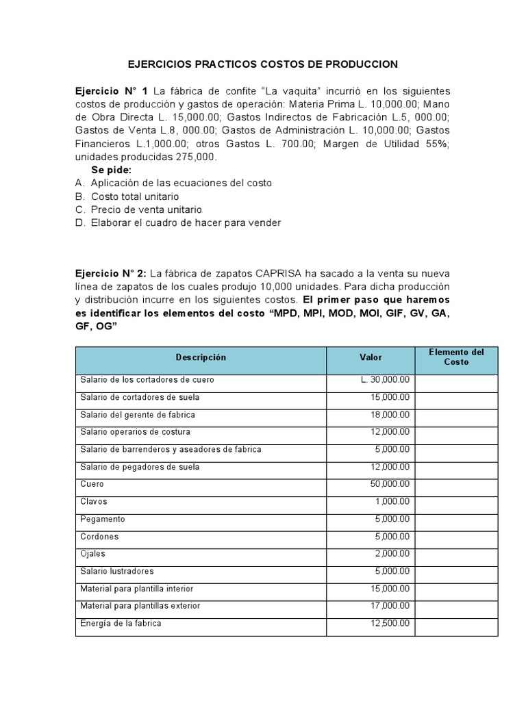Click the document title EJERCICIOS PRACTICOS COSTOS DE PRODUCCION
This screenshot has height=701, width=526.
[263, 64]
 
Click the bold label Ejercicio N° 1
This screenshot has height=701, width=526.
[112, 91]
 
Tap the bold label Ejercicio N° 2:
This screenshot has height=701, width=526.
[112, 274]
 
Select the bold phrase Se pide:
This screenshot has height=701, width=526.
[111, 170]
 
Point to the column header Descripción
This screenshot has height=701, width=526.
[201, 357]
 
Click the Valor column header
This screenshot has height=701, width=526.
[371, 357]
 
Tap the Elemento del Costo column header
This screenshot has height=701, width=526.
[455, 357]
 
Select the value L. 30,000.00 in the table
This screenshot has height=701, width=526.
[385, 379]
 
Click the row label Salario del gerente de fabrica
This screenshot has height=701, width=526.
[138, 415]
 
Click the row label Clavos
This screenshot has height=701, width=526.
[93, 502]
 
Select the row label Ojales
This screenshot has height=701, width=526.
[92, 554]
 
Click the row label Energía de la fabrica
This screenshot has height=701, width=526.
[121, 624]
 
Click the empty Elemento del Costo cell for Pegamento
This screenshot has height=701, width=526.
[455, 519]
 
